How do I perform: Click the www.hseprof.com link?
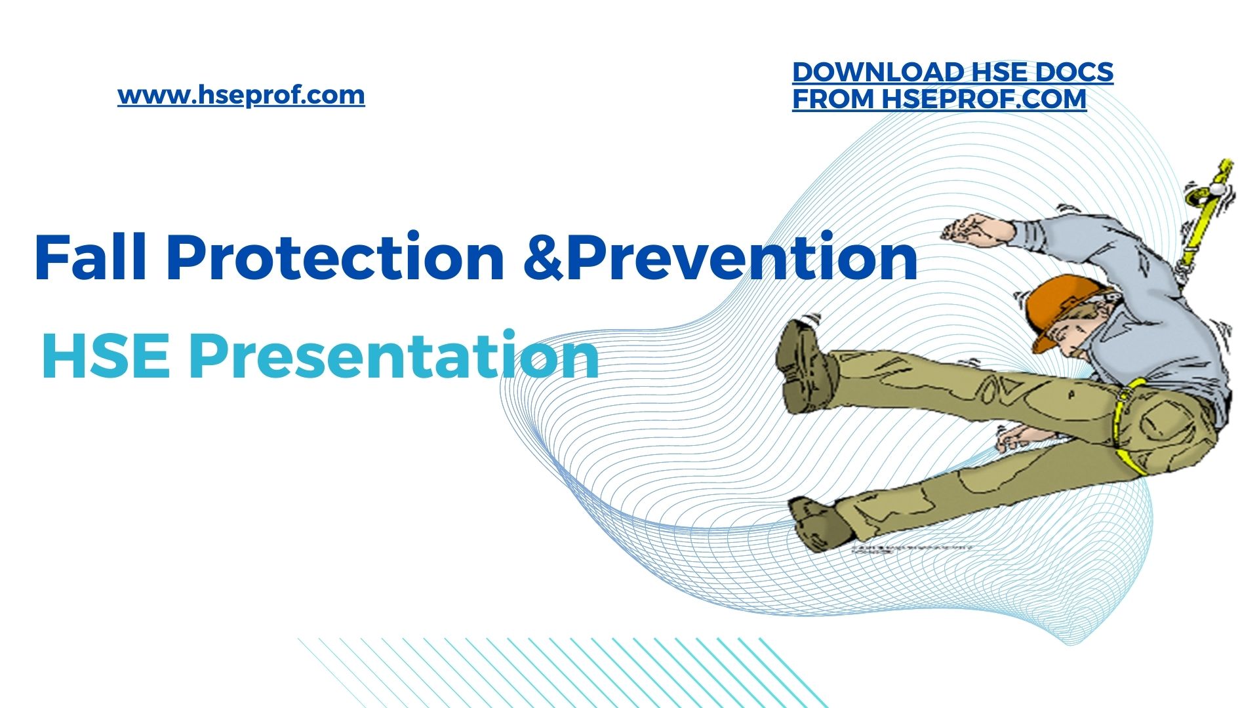241,96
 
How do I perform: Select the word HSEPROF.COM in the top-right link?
984,99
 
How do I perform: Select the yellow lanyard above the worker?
1205,216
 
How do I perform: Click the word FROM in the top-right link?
833,99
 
